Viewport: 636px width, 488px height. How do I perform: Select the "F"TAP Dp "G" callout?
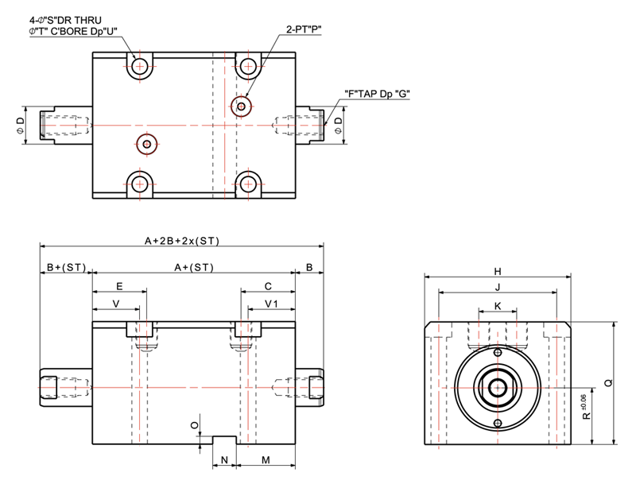pos(377,93)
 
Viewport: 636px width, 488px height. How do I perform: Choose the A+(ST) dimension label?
pos(194,267)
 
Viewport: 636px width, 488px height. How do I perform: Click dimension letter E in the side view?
pos(119,285)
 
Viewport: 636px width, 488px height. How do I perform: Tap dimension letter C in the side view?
pos(269,285)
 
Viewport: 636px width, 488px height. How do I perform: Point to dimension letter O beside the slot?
pos(195,426)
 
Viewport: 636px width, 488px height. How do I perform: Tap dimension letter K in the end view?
pos(498,305)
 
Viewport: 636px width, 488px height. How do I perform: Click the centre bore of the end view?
pos(498,388)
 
